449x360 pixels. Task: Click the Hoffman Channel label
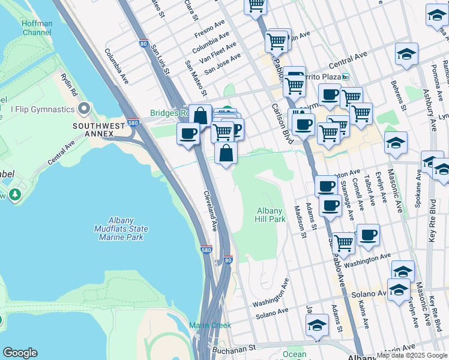tap(37, 28)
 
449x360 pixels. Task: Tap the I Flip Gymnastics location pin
tap(84, 109)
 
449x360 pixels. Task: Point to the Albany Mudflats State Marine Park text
tap(121, 229)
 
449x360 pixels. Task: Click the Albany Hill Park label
tap(271, 215)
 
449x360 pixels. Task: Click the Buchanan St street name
tap(232, 347)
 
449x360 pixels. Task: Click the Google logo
tap(20, 353)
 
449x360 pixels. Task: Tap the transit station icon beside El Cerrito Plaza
tap(345, 77)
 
